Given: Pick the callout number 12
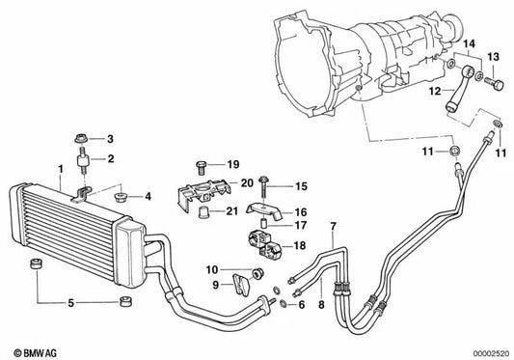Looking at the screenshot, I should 435,90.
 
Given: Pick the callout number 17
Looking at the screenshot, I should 300,226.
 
